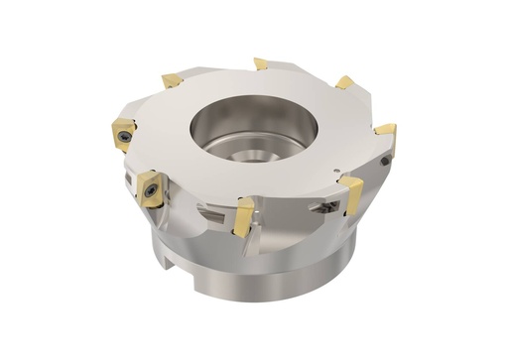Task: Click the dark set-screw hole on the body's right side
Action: coord(384,160)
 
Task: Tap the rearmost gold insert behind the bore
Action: coord(261,64)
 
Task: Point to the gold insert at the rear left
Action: coord(171,79)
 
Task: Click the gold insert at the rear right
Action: coord(344,83)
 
